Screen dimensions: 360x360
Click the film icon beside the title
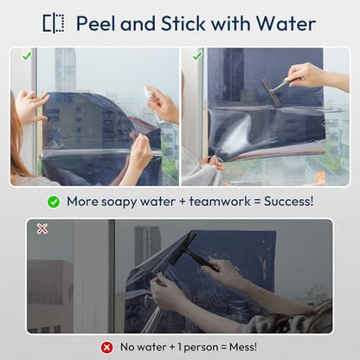pyautogui.click(x=54, y=23)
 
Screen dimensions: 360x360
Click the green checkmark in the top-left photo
pyautogui.click(x=27, y=56)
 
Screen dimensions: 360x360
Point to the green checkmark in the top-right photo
pyautogui.click(x=197, y=56)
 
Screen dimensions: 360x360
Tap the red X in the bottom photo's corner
pyautogui.click(x=42, y=228)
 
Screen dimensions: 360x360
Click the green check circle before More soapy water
pyautogui.click(x=54, y=202)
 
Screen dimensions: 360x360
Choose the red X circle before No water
pyautogui.click(x=106, y=347)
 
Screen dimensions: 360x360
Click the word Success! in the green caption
pyautogui.click(x=288, y=202)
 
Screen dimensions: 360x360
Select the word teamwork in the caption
pyautogui.click(x=220, y=202)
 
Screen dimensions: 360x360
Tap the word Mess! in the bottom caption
pyautogui.click(x=243, y=347)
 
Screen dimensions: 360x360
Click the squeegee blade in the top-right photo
pyautogui.click(x=271, y=93)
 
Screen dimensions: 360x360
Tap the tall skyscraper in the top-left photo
pyautogui.click(x=65, y=69)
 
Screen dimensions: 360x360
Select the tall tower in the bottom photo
pyautogui.click(x=147, y=244)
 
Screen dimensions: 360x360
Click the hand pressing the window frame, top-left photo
pyautogui.click(x=31, y=107)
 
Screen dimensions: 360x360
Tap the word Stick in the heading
pyautogui.click(x=183, y=23)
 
